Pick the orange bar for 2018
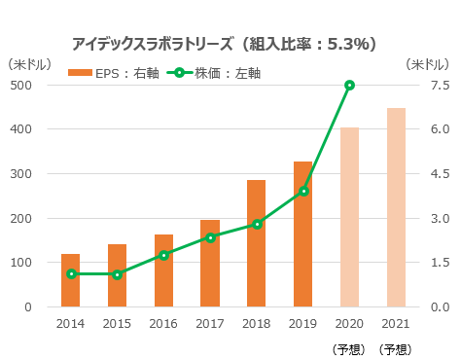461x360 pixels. (257, 243)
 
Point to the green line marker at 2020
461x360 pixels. (350, 86)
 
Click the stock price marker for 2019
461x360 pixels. (303, 191)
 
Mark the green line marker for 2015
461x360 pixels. (118, 274)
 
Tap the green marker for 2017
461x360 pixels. (210, 237)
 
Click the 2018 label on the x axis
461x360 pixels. (257, 323)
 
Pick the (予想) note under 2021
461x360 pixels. (395, 348)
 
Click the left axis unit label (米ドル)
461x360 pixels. (30, 64)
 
